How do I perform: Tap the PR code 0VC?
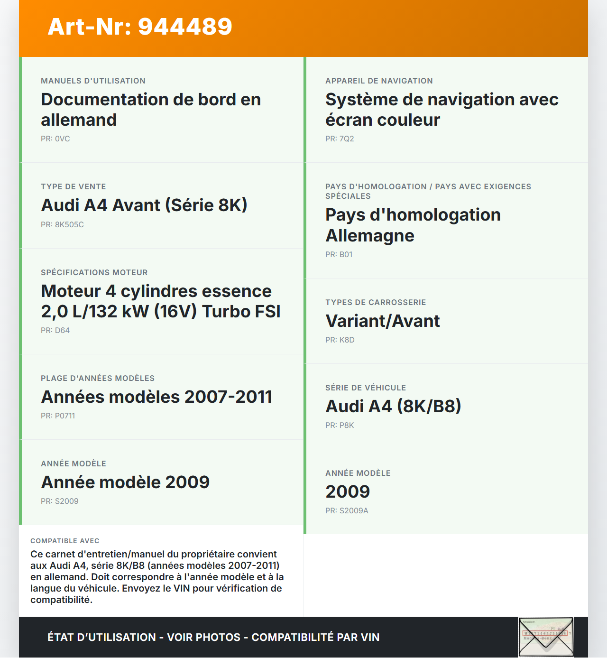coord(55,139)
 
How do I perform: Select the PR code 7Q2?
coord(340,139)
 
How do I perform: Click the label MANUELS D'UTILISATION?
coord(93,81)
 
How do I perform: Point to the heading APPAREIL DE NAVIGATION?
coord(379,81)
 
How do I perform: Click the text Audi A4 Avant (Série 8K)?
coord(144,205)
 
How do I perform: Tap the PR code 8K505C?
coord(62,225)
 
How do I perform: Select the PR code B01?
coord(339,255)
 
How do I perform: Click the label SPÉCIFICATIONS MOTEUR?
coord(94,273)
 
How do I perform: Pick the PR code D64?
coord(55,331)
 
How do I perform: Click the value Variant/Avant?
coord(382,321)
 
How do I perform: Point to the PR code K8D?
coord(340,340)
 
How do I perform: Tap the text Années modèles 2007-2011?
coord(156,397)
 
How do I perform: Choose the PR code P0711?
coord(58,416)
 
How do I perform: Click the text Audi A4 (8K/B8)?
coord(393,407)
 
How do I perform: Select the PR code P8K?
coord(340,426)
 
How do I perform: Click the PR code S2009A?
coord(347,511)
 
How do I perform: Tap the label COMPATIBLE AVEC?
coord(65,541)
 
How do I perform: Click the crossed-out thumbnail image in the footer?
coord(546,637)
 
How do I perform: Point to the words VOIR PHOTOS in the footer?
coord(204,638)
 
